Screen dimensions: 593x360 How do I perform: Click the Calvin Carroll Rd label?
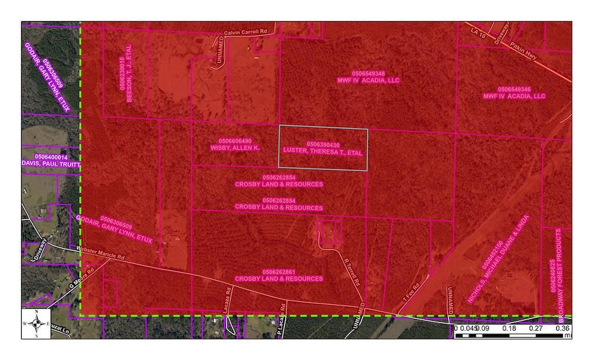tap(245, 31)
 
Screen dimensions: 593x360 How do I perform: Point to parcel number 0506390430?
tap(323, 145)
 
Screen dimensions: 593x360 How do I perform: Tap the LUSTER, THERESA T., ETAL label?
tap(323, 153)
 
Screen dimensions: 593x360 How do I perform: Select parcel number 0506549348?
tap(368, 72)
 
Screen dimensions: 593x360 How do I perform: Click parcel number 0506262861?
tap(279, 271)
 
